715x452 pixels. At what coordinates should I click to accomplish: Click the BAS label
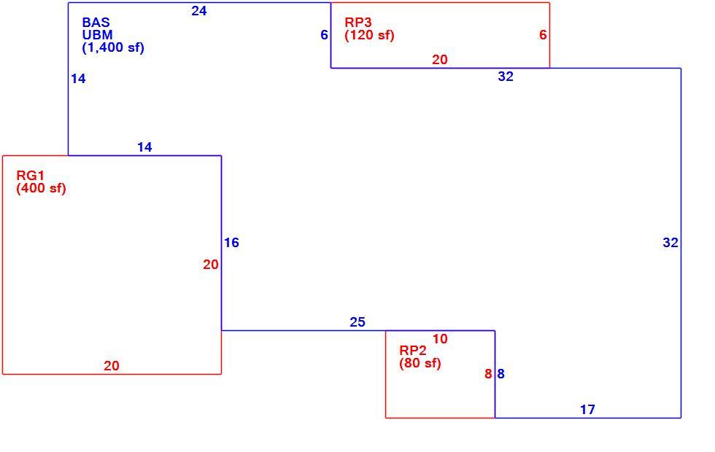(x=96, y=23)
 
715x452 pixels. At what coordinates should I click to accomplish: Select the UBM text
(x=97, y=35)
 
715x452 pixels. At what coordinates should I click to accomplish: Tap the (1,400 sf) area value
(x=113, y=47)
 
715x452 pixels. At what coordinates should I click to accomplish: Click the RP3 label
(x=358, y=23)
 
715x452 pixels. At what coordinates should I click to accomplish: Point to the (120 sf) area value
(x=369, y=35)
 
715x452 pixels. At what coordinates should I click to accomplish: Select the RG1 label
(x=30, y=176)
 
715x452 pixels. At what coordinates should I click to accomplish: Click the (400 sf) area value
(x=41, y=188)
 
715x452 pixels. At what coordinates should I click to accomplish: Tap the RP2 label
(x=413, y=351)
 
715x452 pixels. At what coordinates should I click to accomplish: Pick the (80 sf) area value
(x=420, y=363)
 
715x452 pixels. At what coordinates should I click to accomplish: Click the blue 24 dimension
(x=198, y=11)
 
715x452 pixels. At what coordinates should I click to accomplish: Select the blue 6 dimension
(x=324, y=35)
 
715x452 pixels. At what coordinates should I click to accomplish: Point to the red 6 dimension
(x=543, y=35)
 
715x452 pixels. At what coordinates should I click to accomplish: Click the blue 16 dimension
(x=231, y=243)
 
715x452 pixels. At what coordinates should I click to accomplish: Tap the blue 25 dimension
(x=357, y=322)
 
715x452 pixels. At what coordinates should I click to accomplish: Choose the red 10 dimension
(x=440, y=339)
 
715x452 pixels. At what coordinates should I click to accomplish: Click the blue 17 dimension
(x=588, y=410)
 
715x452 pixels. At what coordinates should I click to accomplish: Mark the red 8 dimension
(x=488, y=374)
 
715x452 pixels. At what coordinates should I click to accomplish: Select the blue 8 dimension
(x=500, y=374)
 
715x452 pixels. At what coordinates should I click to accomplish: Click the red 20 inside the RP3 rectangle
(x=439, y=60)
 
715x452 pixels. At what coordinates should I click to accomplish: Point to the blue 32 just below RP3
(x=506, y=77)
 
